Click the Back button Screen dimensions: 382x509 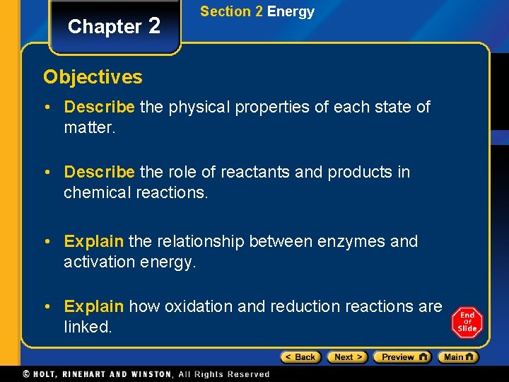300,357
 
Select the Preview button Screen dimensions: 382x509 402,357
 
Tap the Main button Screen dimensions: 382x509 457,357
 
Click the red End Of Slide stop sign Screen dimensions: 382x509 467,322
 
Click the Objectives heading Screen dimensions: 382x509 93,76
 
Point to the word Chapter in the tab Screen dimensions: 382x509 105,27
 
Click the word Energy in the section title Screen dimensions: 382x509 291,11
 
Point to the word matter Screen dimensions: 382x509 88,128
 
